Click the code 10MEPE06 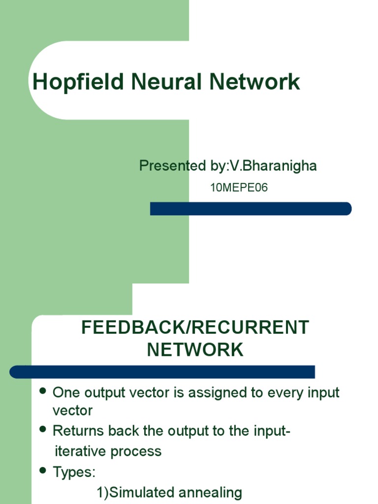pos(239,188)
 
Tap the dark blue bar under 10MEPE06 pos(251,209)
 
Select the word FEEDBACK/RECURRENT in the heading pos(195,328)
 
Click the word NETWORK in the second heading pos(195,350)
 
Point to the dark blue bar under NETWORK pos(162,372)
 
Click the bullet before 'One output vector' pos(42,391)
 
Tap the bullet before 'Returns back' pos(42,430)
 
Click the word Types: pos(74,472)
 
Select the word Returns pos(78,431)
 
